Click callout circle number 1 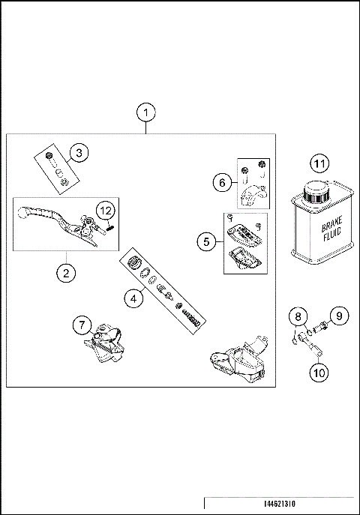pyautogui.click(x=147, y=112)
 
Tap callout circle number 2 pyautogui.click(x=66, y=273)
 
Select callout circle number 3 pyautogui.click(x=79, y=154)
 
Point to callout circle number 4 pyautogui.click(x=133, y=298)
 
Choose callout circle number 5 pyautogui.click(x=208, y=241)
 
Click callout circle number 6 pyautogui.click(x=221, y=181)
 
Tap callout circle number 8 pyautogui.click(x=298, y=317)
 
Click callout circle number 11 pyautogui.click(x=320, y=164)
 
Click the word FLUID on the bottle pyautogui.click(x=331, y=238)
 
